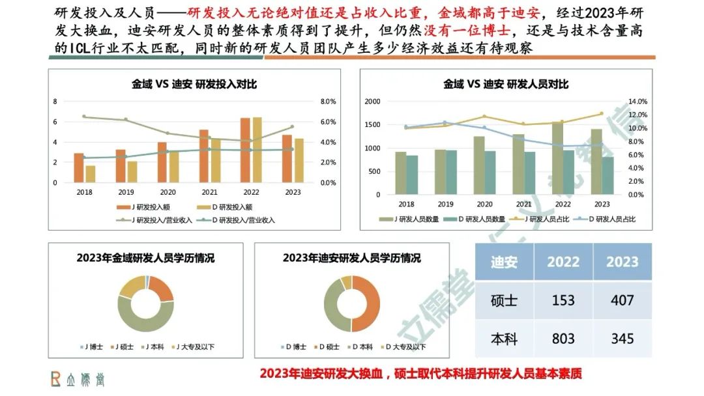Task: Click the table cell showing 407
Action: pos(622,300)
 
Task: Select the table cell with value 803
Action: pos(563,339)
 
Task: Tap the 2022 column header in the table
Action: pos(563,262)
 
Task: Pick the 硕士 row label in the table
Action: pos(504,300)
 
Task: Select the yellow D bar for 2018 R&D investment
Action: pos(90,174)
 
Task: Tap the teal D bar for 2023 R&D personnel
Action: pos(608,175)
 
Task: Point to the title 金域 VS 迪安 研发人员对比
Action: pos(506,84)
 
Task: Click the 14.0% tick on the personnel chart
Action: pos(638,102)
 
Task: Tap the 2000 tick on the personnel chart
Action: pos(372,102)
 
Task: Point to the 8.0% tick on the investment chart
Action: pos(328,102)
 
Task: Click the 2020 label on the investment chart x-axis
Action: pos(168,192)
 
